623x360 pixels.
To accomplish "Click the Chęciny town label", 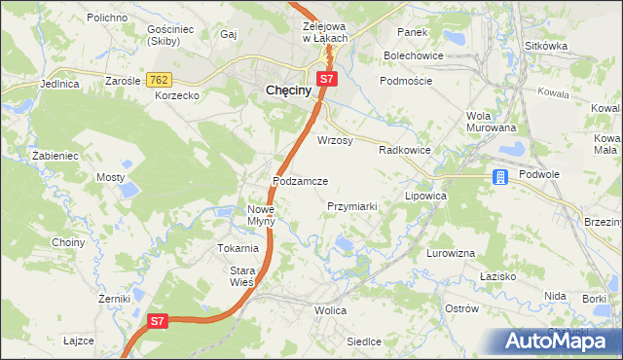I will [289, 90].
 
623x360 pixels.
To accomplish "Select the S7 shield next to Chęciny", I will [327, 79].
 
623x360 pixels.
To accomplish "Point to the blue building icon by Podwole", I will [499, 176].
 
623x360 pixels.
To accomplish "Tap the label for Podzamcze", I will [307, 182].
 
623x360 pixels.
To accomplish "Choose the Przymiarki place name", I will [352, 206].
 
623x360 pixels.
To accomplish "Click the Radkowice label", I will [404, 150].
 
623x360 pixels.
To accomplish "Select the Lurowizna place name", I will [450, 253].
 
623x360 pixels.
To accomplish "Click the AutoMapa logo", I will [555, 341].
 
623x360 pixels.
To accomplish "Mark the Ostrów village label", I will [461, 308].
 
